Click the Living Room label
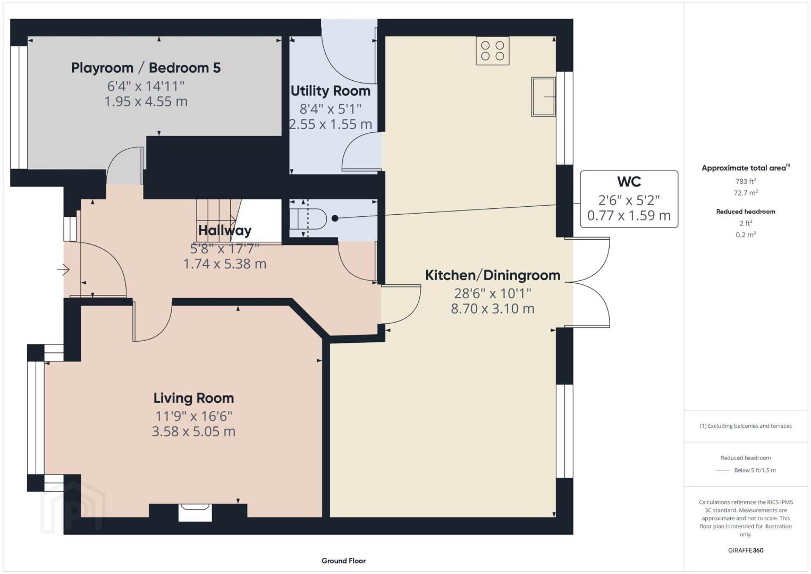coord(193,398)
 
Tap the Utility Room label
coord(331,91)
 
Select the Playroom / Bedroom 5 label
coord(146,67)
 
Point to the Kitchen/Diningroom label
coord(493,275)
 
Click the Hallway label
coord(225,231)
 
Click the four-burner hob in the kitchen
coord(492,50)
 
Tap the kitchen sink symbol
coord(544,97)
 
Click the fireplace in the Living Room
coord(195,512)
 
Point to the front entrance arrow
coord(63,270)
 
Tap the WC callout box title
coord(629,181)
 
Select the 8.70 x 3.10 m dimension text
coord(493,309)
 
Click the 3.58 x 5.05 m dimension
coord(193,432)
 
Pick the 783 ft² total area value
coord(746,181)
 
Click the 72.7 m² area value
coord(746,192)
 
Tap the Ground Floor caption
coord(344,561)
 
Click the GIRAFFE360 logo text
coord(746,550)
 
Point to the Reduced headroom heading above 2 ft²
coord(746,212)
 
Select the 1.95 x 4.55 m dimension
coord(146,102)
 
